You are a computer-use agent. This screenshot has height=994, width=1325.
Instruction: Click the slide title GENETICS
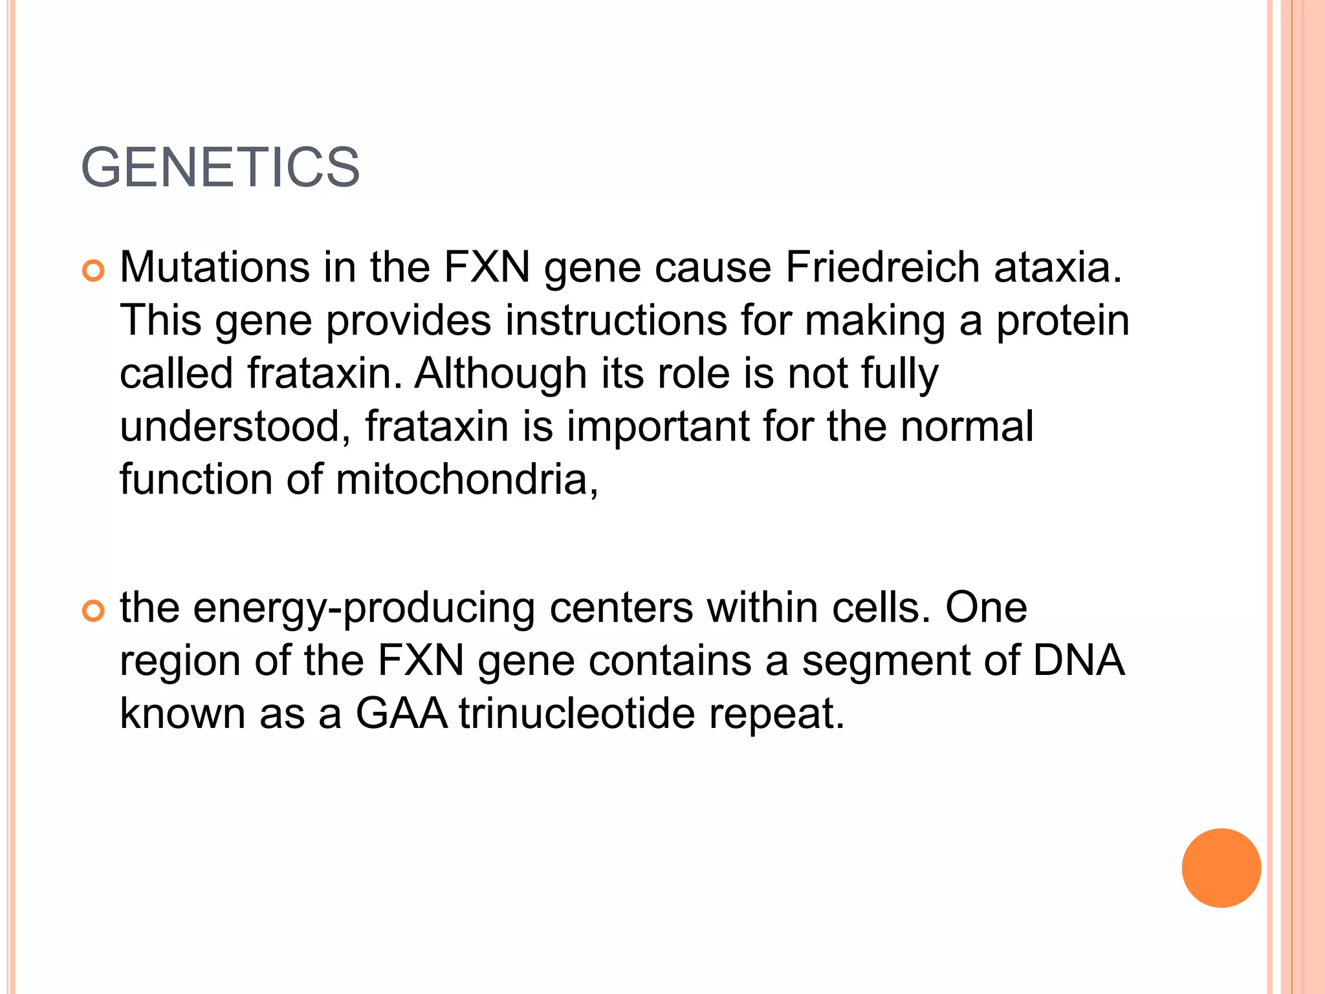click(220, 168)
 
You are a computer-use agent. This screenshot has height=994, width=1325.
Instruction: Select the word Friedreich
click(882, 267)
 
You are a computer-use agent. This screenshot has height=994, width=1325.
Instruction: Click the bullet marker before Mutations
click(94, 271)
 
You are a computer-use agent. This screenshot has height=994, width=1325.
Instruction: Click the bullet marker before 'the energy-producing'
click(94, 612)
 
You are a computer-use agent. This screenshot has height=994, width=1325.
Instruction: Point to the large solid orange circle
click(1221, 868)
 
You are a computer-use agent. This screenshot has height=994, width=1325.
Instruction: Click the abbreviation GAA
click(401, 713)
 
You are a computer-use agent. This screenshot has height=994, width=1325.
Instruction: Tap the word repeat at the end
click(776, 714)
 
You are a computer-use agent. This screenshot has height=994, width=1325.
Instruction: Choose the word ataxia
click(1058, 267)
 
